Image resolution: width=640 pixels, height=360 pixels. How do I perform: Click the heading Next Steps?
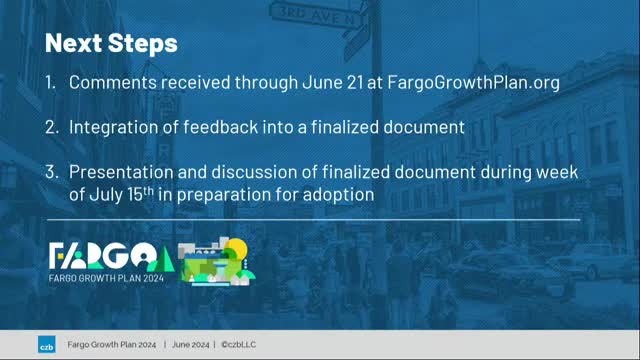(111, 43)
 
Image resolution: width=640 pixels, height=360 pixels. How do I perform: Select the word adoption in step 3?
(338, 194)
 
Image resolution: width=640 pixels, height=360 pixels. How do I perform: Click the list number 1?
(50, 83)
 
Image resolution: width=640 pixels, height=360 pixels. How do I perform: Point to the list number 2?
(50, 128)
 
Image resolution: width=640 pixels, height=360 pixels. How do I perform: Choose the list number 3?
(50, 173)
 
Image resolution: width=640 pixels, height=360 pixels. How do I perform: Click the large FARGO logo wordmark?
(110, 255)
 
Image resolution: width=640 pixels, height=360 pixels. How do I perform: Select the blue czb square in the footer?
(47, 345)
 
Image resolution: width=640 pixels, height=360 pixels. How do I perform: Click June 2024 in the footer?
(190, 345)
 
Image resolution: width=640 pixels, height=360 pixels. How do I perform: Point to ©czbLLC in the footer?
(244, 345)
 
